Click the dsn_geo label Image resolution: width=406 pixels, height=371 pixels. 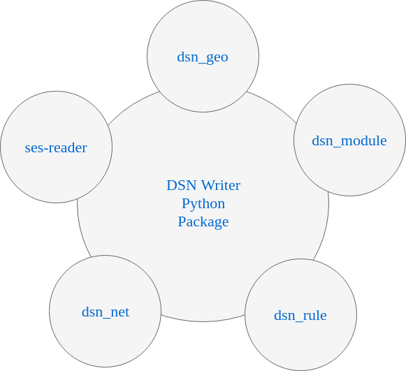point(203,57)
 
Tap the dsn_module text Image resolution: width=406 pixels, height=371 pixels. point(349,141)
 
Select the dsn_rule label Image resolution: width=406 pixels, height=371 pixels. point(300,315)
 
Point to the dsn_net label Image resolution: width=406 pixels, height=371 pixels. point(106,312)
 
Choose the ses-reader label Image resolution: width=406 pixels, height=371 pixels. point(56,148)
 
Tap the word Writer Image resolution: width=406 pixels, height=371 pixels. point(221,185)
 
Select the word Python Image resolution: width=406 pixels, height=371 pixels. point(203,204)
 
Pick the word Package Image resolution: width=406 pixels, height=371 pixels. point(203,222)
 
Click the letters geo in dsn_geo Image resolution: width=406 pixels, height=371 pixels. point(217,58)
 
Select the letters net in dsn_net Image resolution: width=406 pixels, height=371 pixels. point(120,312)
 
